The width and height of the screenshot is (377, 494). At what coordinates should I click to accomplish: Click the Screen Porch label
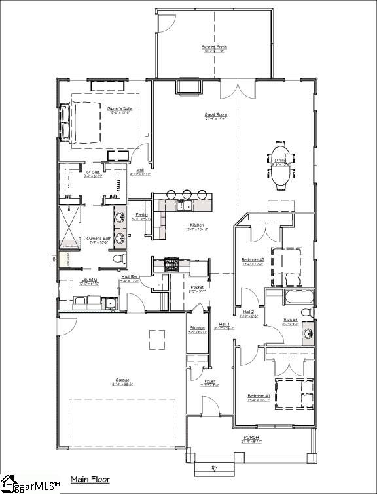coord(214,48)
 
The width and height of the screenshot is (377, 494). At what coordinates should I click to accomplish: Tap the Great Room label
coord(215,114)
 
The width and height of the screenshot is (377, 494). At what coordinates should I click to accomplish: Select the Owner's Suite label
coord(101,109)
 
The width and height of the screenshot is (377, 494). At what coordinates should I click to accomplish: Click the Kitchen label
coord(198,225)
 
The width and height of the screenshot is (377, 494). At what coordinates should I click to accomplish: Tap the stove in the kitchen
coord(171,265)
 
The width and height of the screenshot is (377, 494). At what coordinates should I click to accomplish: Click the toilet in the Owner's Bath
coord(120,259)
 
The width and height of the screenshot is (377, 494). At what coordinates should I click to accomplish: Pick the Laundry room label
coord(88,280)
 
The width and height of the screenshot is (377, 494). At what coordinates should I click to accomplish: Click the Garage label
coord(122,380)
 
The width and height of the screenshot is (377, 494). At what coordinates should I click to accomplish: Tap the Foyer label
coord(209,382)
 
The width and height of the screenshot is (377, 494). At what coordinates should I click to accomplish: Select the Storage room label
coord(197,328)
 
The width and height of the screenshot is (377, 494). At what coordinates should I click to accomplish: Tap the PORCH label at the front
coord(251,438)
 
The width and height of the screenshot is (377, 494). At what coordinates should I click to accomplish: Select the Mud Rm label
coord(129,277)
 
